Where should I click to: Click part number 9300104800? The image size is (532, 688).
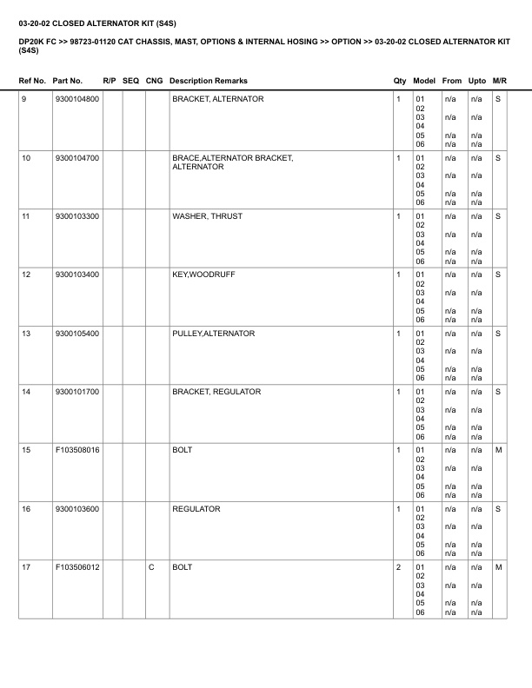pos(76,100)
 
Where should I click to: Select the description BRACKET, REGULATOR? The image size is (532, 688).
pos(216,393)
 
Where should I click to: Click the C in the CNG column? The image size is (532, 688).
pos(151,568)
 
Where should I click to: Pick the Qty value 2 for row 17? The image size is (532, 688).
pos(398,568)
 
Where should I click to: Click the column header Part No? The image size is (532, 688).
pos(67,81)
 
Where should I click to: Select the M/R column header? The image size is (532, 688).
pos(499,81)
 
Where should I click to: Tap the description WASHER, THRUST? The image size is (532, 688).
pos(207,216)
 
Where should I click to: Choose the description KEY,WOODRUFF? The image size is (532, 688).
pos(203,275)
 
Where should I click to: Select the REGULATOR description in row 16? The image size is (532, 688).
pos(196,509)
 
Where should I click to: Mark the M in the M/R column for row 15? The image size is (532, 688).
pos(498,451)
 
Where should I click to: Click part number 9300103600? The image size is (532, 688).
pos(76,509)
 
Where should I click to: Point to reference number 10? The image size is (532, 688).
pos(26,158)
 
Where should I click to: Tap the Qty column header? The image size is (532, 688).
pos(400,81)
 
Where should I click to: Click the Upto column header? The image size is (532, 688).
pos(476,81)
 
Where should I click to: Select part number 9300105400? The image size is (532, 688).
pos(76,334)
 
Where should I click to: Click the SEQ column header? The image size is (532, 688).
pos(131,81)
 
